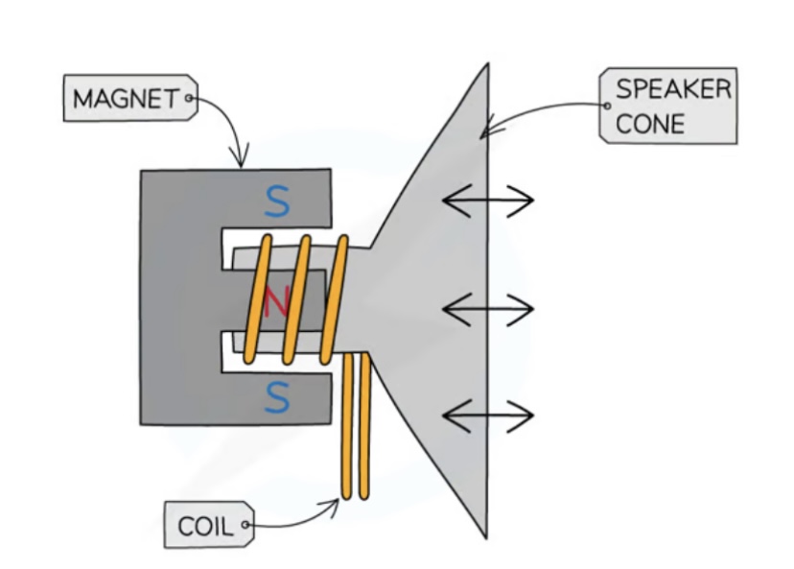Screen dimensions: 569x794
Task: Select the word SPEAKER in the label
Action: tap(672, 90)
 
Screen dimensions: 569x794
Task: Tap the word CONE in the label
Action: tap(649, 124)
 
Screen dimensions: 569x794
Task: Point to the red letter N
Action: tap(276, 302)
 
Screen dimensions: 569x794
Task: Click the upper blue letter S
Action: tap(276, 202)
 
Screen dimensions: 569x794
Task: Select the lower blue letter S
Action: tap(276, 398)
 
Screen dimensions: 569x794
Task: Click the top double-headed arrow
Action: tap(487, 202)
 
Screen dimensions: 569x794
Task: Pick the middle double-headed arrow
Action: tap(487, 310)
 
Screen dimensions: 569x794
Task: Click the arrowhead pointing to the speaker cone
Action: tap(485, 127)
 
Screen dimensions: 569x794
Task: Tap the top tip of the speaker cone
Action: tap(487, 65)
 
